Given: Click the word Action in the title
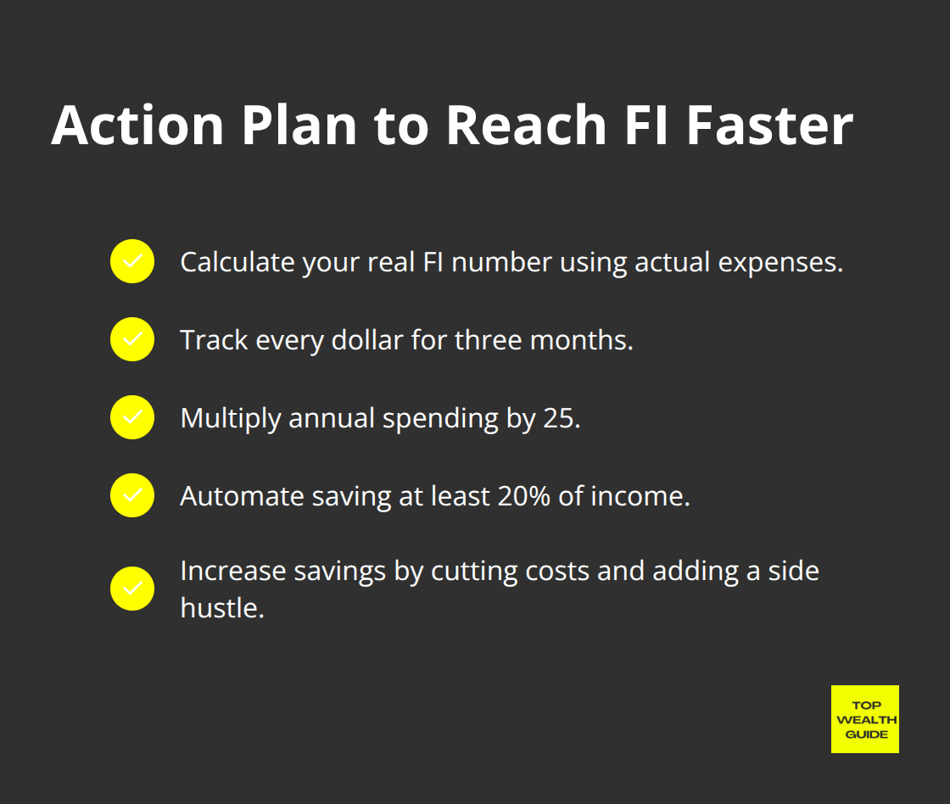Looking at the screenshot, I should click(x=137, y=125).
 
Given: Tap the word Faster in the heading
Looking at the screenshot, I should click(x=768, y=125).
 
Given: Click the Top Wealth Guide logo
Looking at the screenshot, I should click(x=864, y=719).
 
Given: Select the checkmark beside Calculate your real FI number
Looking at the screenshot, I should click(x=132, y=262).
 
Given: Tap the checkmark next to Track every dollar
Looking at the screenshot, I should click(x=132, y=339).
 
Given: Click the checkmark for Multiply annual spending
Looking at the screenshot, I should click(x=132, y=417).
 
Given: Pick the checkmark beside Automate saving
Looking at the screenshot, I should click(x=132, y=495).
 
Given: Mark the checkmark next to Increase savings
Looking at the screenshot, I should click(x=132, y=589).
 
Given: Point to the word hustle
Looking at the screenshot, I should click(x=222, y=607).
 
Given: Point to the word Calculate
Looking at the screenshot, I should click(x=237, y=263).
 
